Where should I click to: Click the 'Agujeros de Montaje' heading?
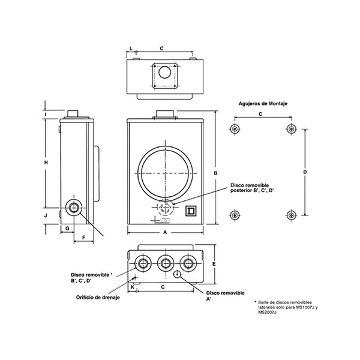(263, 104)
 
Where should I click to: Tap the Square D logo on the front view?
(191, 211)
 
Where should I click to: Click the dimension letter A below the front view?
(165, 233)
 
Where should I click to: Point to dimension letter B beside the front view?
(215, 173)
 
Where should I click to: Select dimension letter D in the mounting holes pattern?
(305, 172)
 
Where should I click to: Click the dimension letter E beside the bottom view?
(214, 264)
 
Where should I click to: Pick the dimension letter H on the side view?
(46, 163)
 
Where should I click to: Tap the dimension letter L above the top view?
(131, 49)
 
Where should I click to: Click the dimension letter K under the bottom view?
(133, 287)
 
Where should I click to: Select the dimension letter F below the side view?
(83, 238)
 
